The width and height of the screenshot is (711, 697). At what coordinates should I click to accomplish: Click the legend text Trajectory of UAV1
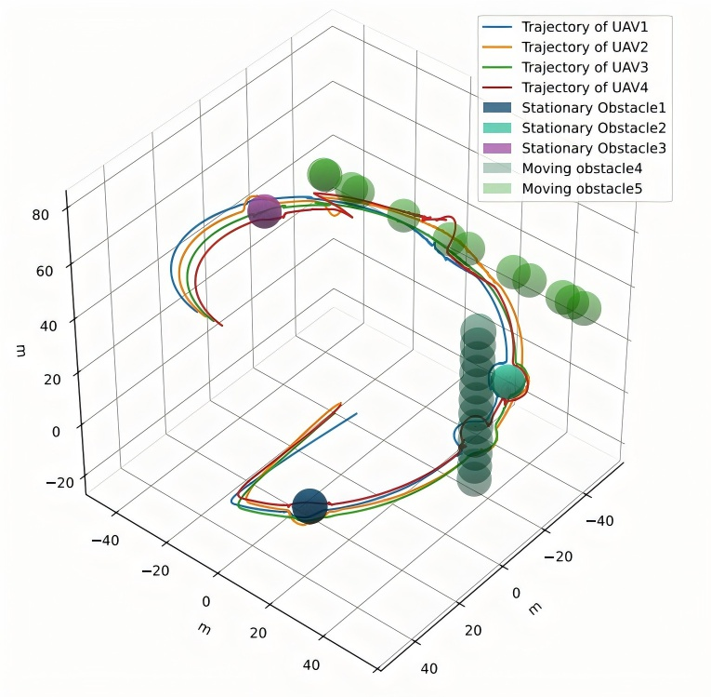click(585, 27)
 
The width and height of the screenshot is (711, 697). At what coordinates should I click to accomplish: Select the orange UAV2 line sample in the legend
click(497, 47)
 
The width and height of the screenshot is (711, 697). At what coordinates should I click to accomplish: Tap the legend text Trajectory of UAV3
click(585, 68)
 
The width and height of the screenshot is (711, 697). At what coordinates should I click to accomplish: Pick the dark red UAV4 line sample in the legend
click(497, 87)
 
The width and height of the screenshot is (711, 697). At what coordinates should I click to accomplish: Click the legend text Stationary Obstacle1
click(594, 108)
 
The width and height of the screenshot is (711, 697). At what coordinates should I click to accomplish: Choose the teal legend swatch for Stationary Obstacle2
click(497, 128)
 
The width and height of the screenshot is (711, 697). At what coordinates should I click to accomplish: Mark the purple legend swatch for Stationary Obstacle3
click(497, 149)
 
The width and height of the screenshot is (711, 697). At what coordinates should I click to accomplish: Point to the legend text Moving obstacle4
click(582, 168)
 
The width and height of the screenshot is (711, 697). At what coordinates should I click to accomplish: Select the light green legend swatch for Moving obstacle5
click(497, 189)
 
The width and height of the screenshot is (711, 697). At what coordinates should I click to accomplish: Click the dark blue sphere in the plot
click(309, 506)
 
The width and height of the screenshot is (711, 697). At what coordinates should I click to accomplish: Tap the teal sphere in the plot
click(507, 382)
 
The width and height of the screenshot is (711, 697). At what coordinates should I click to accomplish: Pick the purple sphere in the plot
click(264, 211)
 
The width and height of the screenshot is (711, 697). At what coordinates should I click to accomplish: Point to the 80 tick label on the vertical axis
click(40, 214)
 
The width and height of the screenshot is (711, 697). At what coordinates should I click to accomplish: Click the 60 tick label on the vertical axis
click(45, 271)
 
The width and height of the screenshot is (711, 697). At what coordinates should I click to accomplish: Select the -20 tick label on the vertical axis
click(59, 482)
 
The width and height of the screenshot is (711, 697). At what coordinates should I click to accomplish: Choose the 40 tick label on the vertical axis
click(48, 326)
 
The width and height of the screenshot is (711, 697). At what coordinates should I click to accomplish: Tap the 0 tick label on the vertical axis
click(56, 432)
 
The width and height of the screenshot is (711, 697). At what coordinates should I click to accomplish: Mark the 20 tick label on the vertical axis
click(52, 379)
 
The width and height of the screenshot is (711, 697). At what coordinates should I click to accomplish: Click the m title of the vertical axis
click(20, 351)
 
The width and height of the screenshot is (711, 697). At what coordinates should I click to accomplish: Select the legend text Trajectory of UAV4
click(585, 87)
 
